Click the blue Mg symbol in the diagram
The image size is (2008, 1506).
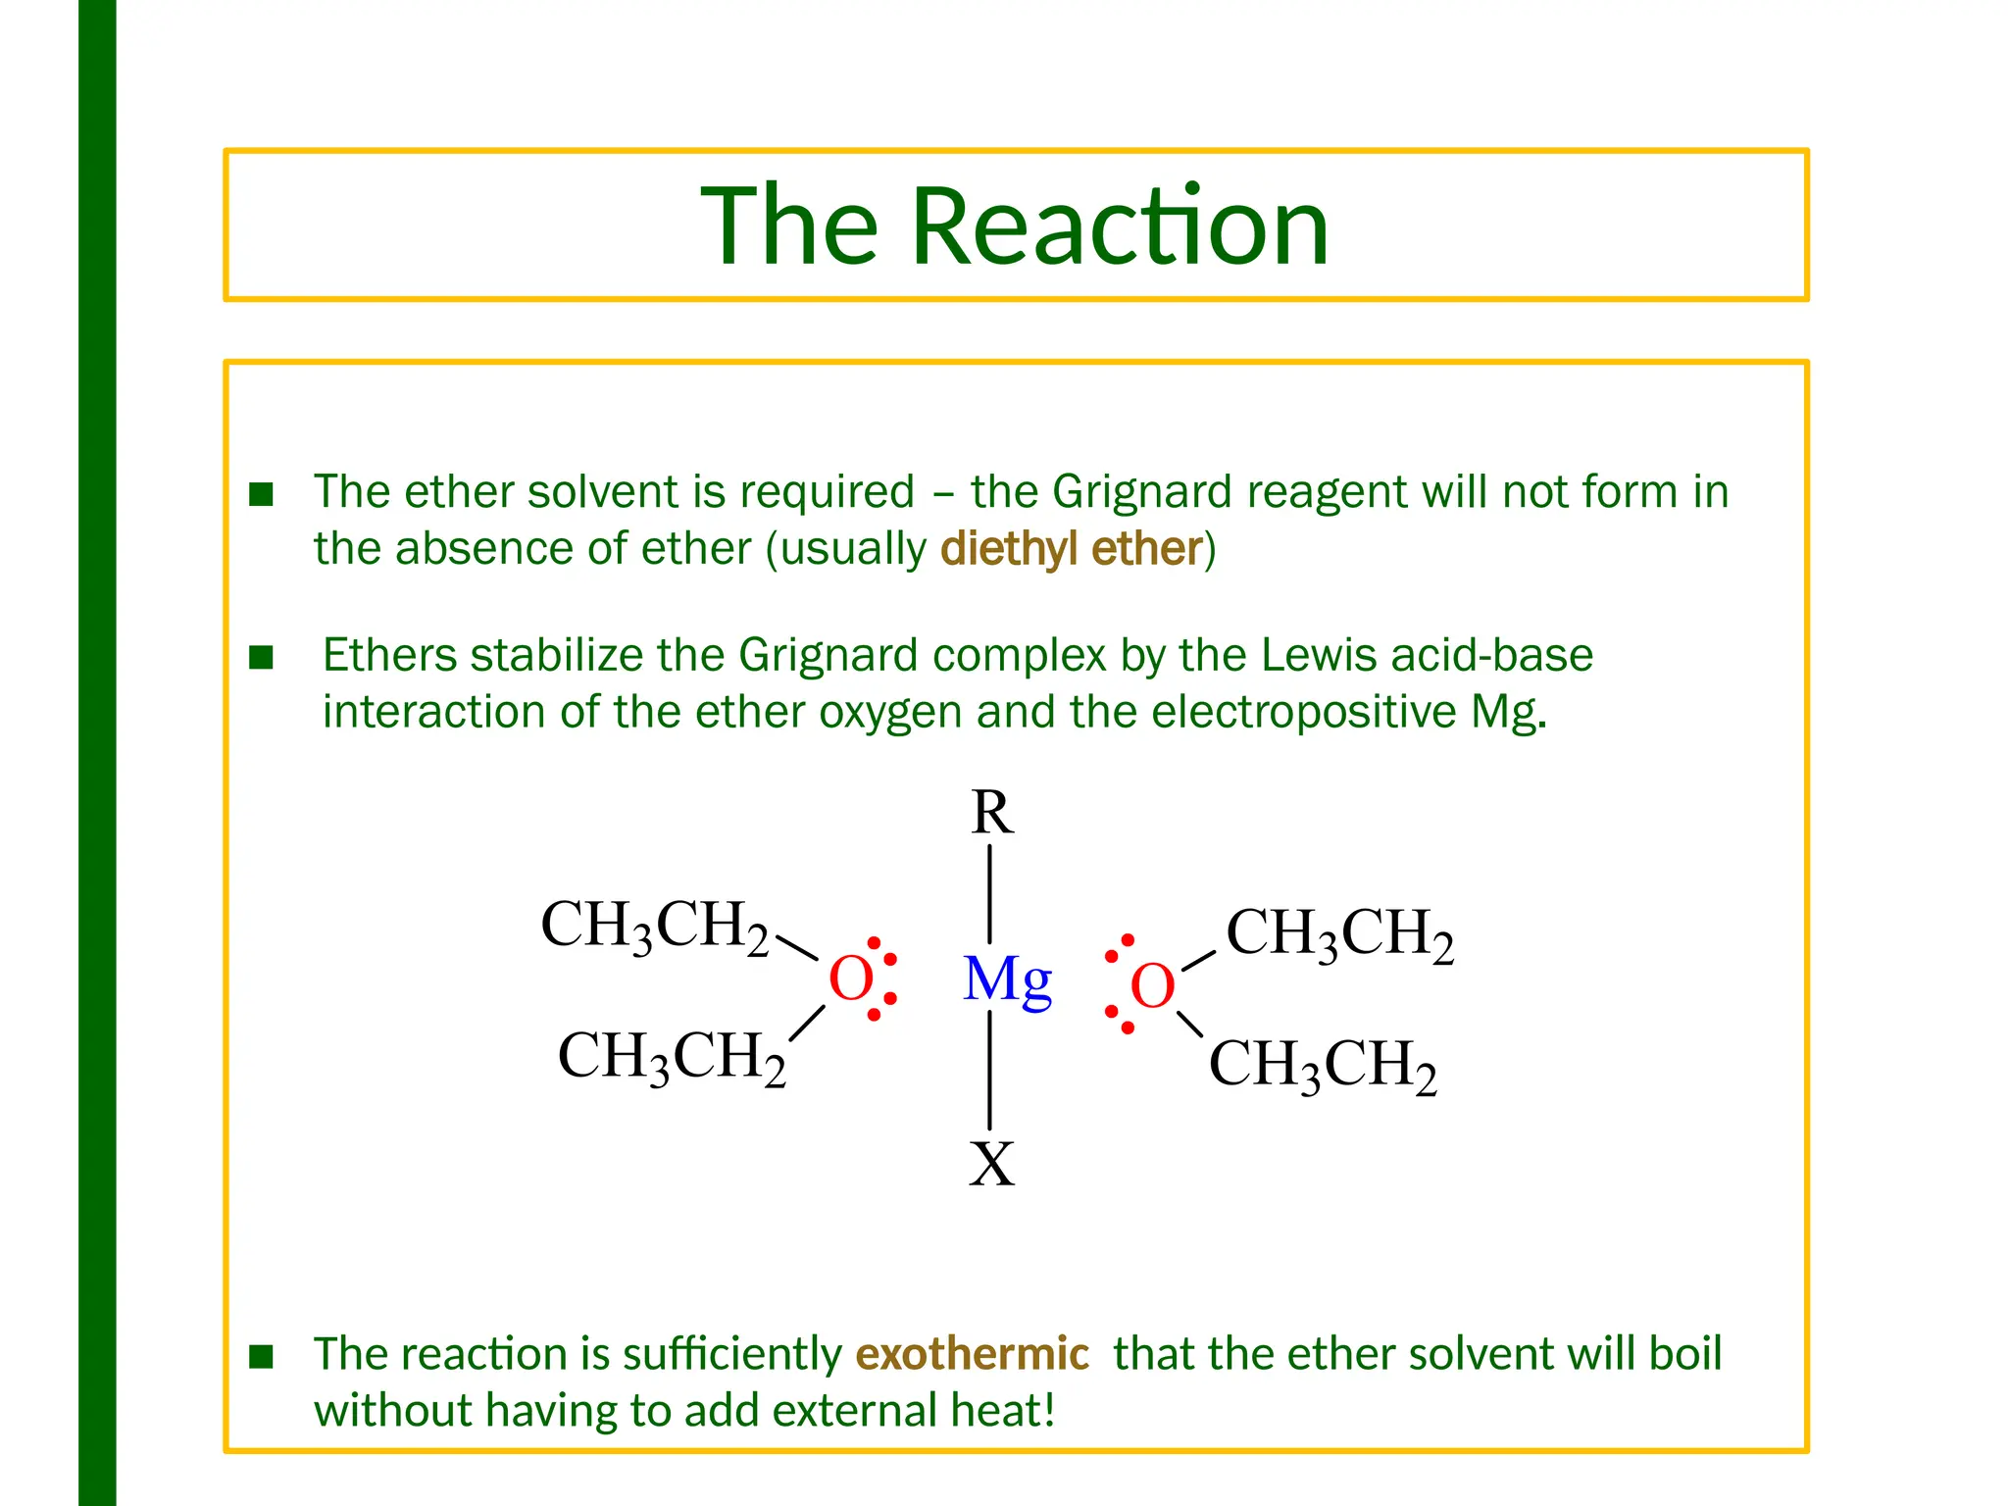click(1007, 979)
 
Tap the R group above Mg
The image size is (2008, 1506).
click(991, 813)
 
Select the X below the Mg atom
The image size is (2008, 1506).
click(991, 1164)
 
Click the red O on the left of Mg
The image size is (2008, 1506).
click(850, 979)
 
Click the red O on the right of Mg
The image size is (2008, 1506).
click(1152, 985)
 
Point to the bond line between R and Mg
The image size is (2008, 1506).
click(990, 893)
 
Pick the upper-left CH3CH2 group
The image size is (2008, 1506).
click(654, 926)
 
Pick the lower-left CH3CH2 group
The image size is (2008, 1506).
click(672, 1057)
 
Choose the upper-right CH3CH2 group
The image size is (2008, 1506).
click(1339, 933)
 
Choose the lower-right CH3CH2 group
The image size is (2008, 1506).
click(1323, 1065)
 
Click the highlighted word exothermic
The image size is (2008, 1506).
click(972, 1354)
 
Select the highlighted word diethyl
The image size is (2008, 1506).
click(1009, 549)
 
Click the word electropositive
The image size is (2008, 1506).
click(1303, 712)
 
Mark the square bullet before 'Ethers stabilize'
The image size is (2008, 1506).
click(261, 657)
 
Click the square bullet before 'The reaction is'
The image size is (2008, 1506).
click(261, 1356)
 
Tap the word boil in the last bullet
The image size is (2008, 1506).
click(1684, 1354)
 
